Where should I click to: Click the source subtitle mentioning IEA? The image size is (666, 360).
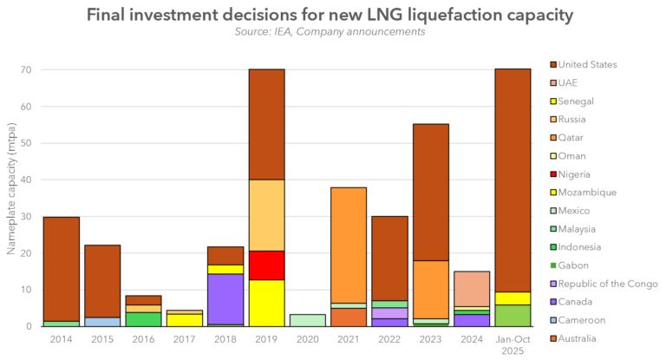click(x=329, y=32)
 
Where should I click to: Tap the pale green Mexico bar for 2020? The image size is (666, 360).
click(x=308, y=320)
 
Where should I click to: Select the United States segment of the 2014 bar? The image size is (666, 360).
click(x=62, y=269)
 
